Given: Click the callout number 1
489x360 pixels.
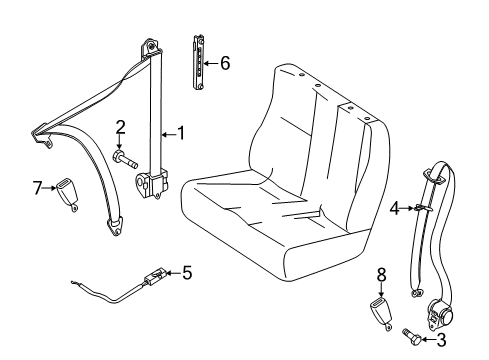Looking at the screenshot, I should point(181,131).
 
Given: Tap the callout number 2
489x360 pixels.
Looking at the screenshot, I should point(120,126).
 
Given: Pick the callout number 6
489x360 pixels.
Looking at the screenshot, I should point(224,63).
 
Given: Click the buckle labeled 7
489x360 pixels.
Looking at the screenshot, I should point(73,194).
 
